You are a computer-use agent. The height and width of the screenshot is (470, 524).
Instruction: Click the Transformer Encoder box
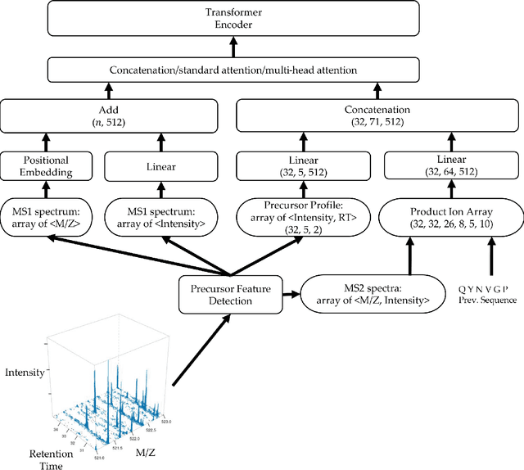click(262, 20)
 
